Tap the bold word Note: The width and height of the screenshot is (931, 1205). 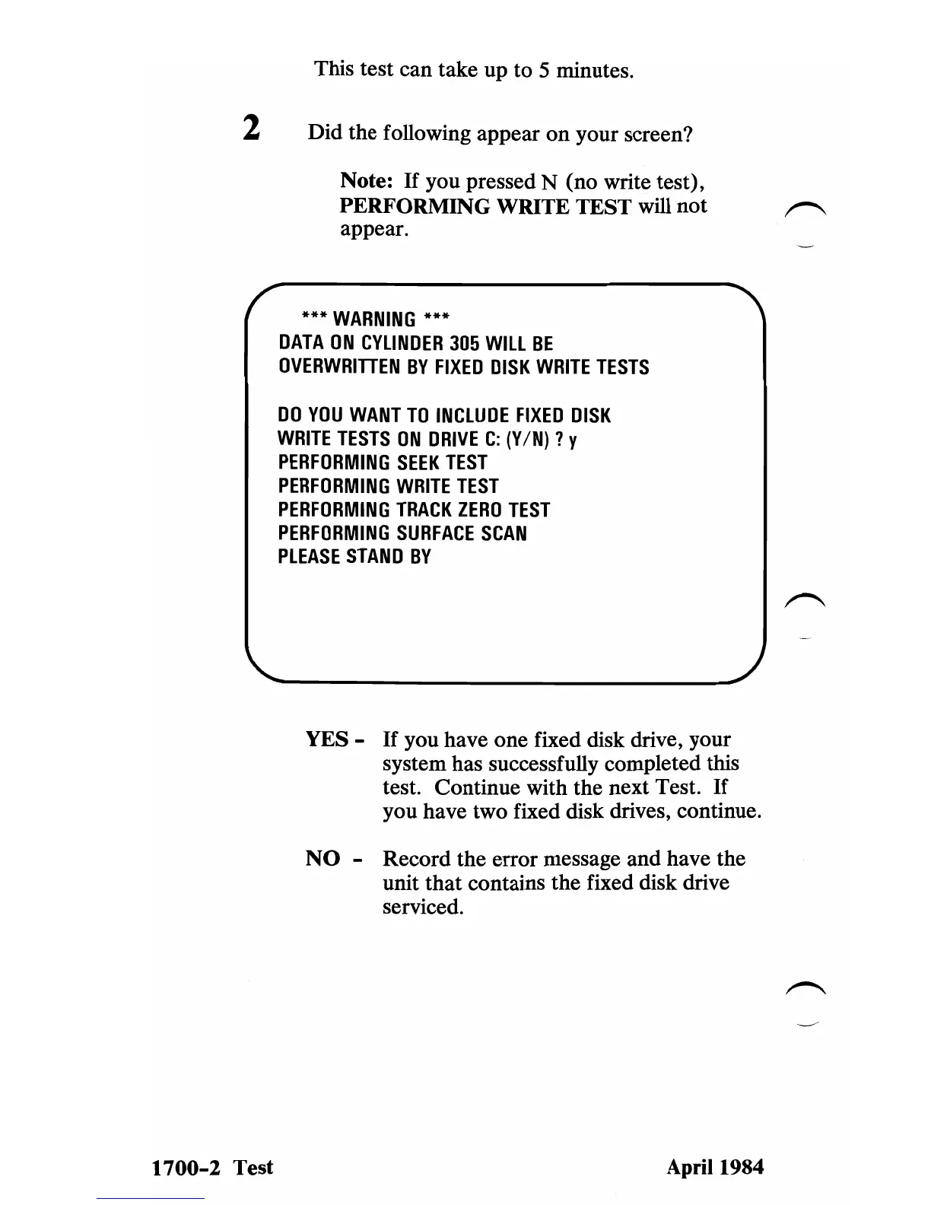367,181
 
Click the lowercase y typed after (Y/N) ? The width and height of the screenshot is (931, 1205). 573,440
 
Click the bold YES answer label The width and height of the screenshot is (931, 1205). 327,739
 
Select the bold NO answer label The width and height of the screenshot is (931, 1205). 323,859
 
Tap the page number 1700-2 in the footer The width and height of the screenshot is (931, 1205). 186,1168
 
